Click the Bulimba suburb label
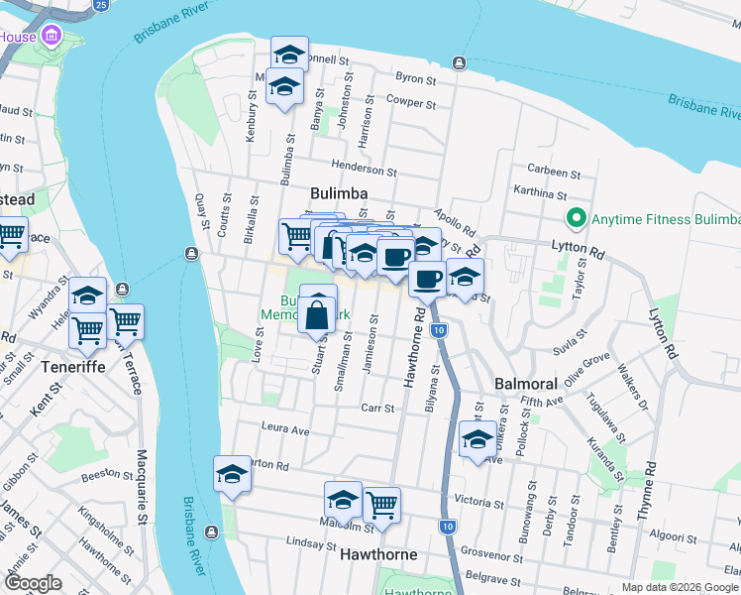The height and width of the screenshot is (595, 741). (x=339, y=193)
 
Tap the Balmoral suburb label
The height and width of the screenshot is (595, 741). (x=525, y=384)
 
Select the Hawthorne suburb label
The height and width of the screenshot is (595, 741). (x=377, y=555)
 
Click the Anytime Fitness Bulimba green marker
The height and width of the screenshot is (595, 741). (x=573, y=218)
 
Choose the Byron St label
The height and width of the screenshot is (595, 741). (x=415, y=76)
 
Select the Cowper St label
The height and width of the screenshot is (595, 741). (x=411, y=101)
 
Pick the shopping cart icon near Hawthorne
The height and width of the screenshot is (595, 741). (x=381, y=506)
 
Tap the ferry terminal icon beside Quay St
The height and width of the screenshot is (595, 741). (x=190, y=254)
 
